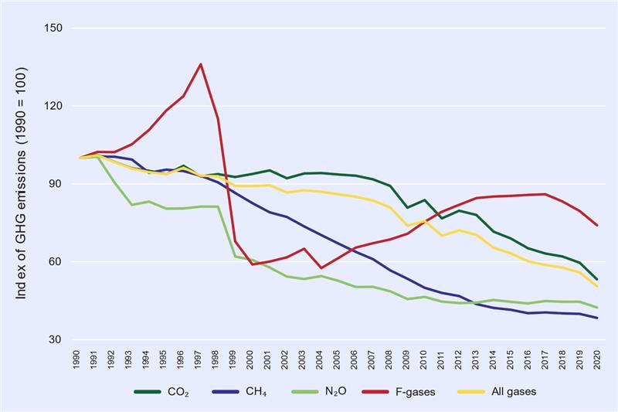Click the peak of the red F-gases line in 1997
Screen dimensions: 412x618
[201, 64]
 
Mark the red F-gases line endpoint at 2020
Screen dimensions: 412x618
[597, 225]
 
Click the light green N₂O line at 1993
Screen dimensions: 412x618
[132, 205]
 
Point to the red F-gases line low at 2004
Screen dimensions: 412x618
[320, 268]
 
